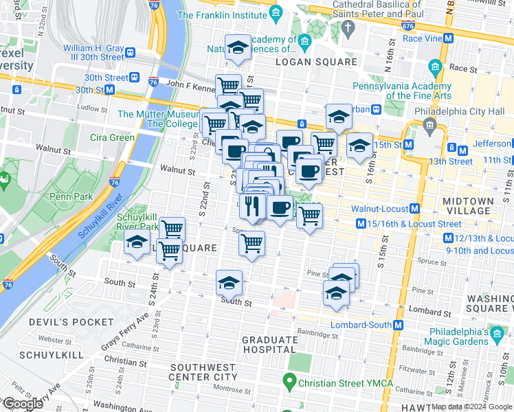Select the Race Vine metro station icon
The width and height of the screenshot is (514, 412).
click(x=448, y=39)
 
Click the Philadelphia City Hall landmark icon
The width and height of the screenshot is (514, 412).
click(x=430, y=124)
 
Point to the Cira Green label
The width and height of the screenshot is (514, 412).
click(x=113, y=137)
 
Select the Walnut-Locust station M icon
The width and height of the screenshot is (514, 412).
click(x=416, y=208)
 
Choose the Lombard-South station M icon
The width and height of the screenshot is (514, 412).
click(x=399, y=325)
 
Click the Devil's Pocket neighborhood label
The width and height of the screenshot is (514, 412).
click(x=71, y=322)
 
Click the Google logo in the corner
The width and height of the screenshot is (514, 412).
click(x=23, y=404)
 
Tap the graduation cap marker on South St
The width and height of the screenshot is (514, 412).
click(x=229, y=282)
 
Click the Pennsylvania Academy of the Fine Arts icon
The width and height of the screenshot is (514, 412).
click(x=434, y=67)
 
